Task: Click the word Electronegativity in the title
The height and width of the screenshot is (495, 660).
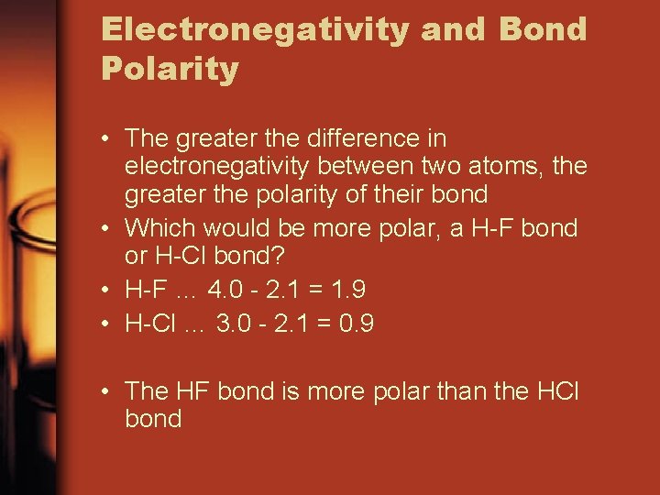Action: click(255, 29)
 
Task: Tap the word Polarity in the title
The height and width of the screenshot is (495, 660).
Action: click(170, 68)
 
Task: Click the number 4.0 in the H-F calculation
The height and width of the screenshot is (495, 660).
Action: click(226, 290)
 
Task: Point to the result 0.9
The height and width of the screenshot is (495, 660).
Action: click(356, 324)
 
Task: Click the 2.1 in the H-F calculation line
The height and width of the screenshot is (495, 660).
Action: click(282, 290)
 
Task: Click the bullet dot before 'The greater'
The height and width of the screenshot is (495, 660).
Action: click(107, 139)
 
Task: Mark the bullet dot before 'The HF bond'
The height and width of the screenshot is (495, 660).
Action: click(107, 391)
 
